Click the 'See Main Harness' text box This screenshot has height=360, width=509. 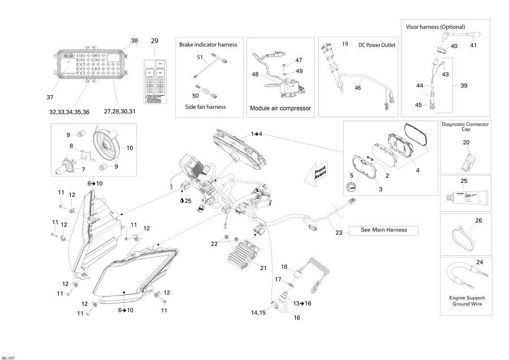click(x=385, y=230)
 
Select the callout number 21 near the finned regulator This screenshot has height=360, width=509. click(x=263, y=268)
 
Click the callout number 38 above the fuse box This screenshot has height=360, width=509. click(x=134, y=41)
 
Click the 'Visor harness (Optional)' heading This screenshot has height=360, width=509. click(x=435, y=27)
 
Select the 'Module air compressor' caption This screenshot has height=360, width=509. click(x=281, y=108)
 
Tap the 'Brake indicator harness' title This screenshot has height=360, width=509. click(x=208, y=44)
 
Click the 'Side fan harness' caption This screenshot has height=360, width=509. click(x=205, y=106)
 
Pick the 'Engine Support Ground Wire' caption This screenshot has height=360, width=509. click(x=467, y=301)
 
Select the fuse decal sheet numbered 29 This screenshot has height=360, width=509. click(x=155, y=80)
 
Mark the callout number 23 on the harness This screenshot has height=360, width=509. click(x=339, y=232)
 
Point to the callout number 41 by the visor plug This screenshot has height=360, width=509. click(x=473, y=45)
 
